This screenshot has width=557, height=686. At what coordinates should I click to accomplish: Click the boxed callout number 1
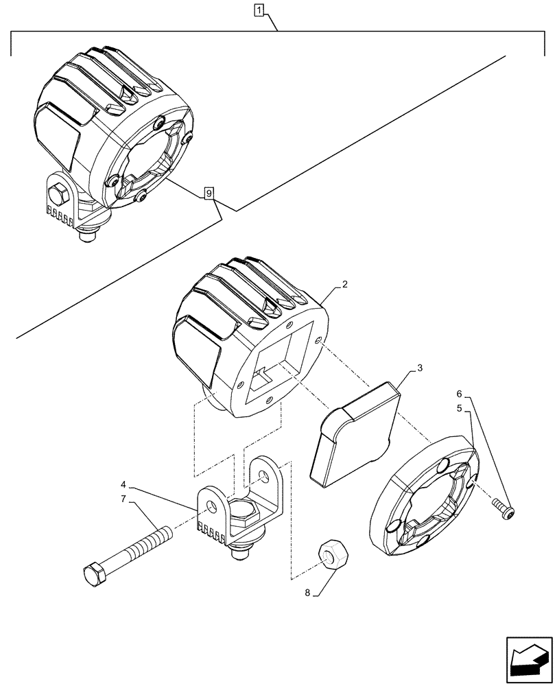(x=258, y=10)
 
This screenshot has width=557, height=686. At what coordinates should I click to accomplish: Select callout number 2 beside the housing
(x=344, y=284)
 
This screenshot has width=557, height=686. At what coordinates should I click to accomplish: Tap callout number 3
(x=420, y=368)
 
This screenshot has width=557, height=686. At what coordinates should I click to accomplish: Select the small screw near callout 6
(x=505, y=508)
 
